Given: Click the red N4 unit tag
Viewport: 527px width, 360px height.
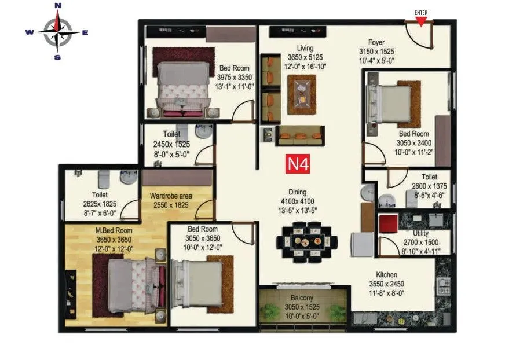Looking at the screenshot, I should (299, 163).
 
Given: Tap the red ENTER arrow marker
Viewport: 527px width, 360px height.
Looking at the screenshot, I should (422, 21).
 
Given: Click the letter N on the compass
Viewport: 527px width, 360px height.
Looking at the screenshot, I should (57, 6).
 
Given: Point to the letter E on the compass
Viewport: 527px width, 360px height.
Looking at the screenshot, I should (85, 32).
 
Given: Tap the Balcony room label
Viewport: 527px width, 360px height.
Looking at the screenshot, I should (302, 298).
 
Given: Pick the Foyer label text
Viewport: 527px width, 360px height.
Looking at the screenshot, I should (377, 42).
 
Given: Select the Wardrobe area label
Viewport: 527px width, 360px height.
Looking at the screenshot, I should (171, 196).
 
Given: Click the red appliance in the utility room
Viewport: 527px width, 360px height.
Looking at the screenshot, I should (387, 222).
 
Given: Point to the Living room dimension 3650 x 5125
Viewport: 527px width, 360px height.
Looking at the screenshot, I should (305, 57).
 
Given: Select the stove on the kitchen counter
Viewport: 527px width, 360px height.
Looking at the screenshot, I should (444, 285).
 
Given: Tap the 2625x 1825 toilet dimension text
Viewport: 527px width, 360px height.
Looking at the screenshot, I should (100, 204).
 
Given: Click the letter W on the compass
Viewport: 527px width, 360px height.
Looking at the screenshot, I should (29, 32).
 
